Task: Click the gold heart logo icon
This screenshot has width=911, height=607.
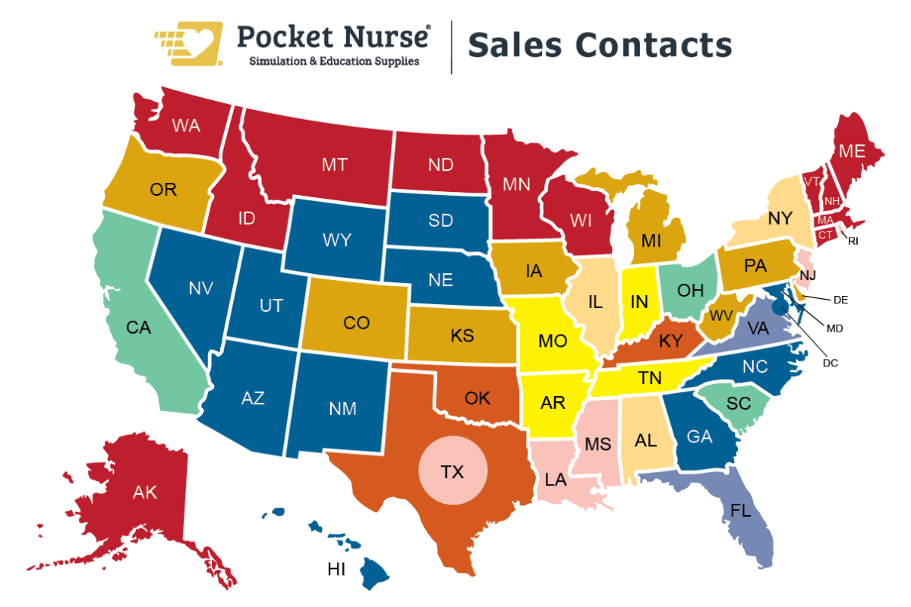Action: point(189,43)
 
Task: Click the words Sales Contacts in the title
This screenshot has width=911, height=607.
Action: point(599,45)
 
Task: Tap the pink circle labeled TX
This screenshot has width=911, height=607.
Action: point(452,472)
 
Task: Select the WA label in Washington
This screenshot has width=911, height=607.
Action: point(186,126)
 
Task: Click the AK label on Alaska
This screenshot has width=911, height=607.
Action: point(144,492)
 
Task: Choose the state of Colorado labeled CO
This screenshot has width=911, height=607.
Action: point(356,323)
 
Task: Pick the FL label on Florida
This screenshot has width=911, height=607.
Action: point(741,511)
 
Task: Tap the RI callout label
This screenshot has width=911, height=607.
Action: point(853,241)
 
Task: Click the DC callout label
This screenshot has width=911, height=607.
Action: point(830,363)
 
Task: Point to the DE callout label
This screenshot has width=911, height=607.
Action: point(840,300)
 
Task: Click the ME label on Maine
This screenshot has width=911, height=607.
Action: point(852,151)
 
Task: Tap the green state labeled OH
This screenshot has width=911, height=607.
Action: point(690,290)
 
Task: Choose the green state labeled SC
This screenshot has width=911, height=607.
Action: point(739,404)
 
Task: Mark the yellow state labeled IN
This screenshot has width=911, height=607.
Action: point(639,301)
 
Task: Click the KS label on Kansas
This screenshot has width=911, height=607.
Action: point(462,335)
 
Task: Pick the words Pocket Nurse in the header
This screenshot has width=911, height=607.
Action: point(334,36)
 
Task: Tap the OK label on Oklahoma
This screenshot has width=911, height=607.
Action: point(478,398)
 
